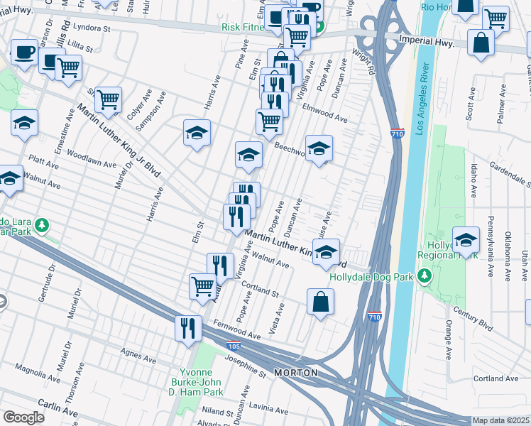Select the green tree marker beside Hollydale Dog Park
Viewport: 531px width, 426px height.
(425, 275)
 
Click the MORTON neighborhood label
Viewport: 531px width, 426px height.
(295, 373)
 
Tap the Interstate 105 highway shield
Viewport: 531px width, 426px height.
(233, 346)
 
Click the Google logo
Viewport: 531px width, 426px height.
(23, 417)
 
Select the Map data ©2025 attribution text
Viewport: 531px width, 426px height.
(501, 420)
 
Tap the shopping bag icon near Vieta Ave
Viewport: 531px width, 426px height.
(320, 302)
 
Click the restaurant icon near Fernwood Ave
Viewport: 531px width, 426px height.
(188, 328)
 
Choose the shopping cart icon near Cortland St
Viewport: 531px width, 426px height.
(202, 286)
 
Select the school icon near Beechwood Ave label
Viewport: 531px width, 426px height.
(319, 149)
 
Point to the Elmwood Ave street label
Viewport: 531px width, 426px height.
(324, 114)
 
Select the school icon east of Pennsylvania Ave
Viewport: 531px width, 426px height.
(466, 241)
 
